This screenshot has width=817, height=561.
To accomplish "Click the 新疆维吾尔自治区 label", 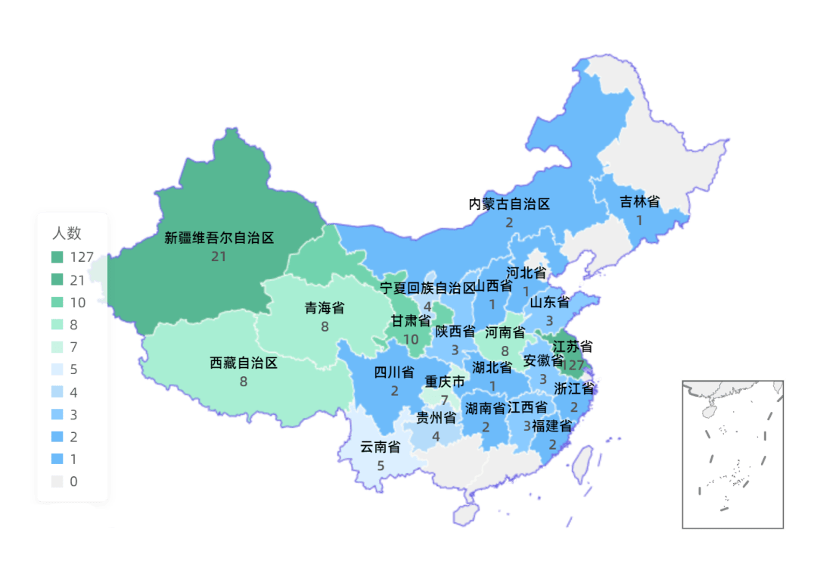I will pos(219,238).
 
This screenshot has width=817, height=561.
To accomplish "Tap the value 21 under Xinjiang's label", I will pos(219,257).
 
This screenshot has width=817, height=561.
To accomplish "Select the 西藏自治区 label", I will pos(244,363).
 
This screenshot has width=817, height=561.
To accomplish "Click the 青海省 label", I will pos(325,308).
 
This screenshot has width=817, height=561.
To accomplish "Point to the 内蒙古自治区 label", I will pos(509,204).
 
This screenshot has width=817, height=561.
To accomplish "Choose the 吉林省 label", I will pos(639,201).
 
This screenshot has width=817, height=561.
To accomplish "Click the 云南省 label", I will pos(380,447).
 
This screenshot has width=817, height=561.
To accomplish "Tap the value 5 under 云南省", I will pos(381,466).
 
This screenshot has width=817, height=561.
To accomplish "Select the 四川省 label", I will pos(394,372).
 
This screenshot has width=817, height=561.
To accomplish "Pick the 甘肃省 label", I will pos(411,321).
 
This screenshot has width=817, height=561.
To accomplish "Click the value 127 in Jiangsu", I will pos(573,365).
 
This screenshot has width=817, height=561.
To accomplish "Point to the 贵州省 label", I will pos(436,418).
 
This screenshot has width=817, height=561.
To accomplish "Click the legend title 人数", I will pos(67,233).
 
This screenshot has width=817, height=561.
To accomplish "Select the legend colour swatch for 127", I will pos(58,257).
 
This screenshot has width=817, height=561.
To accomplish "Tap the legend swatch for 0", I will pos(58,482).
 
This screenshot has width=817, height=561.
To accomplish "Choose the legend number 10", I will pos(77,303).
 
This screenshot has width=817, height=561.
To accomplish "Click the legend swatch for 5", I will pos(58,370).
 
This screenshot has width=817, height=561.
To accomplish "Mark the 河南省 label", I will pos(505,332).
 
